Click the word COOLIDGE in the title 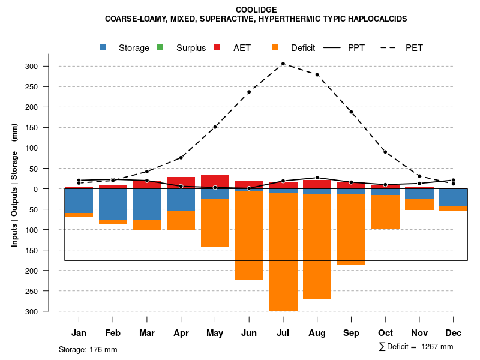[256, 10]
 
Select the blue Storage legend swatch [103, 47]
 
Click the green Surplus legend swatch [160, 47]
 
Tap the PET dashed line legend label [414, 48]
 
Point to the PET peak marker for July [283, 64]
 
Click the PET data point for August [317, 75]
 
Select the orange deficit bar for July [283, 251]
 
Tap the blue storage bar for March [147, 205]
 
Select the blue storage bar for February [113, 204]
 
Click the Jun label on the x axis [249, 333]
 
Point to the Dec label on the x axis [453, 333]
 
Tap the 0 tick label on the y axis [53, 189]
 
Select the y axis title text [14, 189]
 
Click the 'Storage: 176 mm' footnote [88, 349]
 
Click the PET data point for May [215, 127]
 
